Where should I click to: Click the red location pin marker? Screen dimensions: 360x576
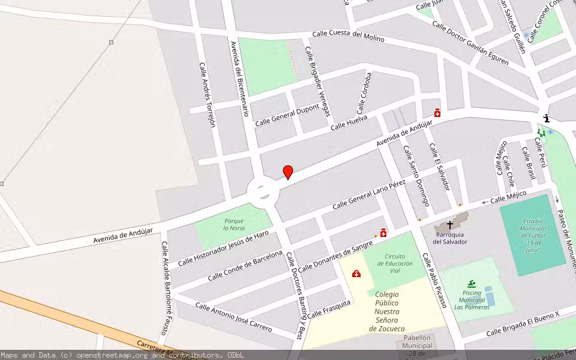(288, 172)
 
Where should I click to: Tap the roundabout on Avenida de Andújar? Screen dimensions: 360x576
(263, 191)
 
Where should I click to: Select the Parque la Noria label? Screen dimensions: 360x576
(234, 224)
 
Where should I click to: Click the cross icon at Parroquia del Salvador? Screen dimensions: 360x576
(450, 225)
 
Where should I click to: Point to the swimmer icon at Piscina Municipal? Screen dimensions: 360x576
(472, 284)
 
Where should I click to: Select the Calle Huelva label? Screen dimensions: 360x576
(349, 122)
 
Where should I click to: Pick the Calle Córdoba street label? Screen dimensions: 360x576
(365, 93)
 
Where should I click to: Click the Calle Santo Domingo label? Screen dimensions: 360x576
(416, 176)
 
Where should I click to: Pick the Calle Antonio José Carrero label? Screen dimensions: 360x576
(233, 317)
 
